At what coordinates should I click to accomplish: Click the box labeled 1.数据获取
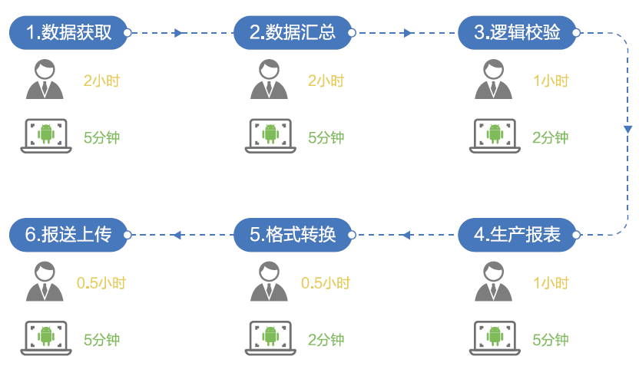[x=68, y=33]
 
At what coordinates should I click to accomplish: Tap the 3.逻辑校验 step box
[x=516, y=33]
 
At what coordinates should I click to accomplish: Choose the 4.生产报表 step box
[x=516, y=234]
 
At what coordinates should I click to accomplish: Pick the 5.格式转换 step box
[x=292, y=234]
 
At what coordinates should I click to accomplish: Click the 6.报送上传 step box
[x=68, y=234]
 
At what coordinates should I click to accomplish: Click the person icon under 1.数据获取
[x=45, y=80]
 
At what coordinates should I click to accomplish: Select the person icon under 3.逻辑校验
[x=493, y=80]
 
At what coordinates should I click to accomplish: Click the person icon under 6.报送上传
[x=45, y=282]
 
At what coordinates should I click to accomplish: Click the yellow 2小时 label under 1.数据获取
[x=101, y=81]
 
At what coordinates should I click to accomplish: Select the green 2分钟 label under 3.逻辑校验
[x=551, y=138]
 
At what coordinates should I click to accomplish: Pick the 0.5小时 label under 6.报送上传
[x=101, y=282]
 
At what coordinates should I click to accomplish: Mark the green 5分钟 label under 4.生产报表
[x=551, y=340]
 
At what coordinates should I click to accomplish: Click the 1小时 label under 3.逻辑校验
[x=551, y=81]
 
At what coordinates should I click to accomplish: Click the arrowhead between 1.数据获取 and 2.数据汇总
[x=179, y=33]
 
